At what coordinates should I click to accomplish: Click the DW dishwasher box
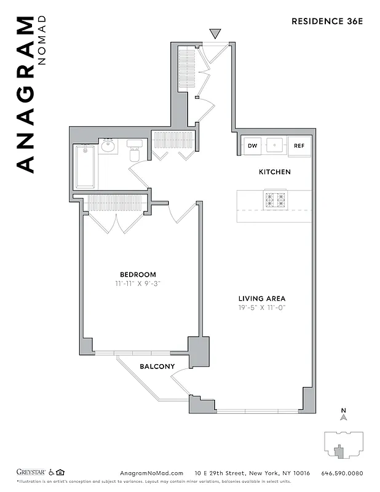[252, 146]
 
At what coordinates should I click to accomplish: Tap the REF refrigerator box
[299, 146]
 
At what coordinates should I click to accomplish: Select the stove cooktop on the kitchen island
[275, 199]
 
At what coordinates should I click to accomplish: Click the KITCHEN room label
[274, 172]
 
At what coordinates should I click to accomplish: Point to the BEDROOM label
[138, 274]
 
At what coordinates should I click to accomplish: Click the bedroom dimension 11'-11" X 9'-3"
[138, 284]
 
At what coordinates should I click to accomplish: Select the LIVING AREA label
[263, 298]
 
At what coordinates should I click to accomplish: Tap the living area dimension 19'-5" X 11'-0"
[263, 307]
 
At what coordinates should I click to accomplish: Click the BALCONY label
[157, 367]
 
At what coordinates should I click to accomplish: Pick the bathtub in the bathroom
[85, 167]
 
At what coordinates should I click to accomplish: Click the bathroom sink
[108, 146]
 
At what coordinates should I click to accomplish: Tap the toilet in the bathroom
[135, 151]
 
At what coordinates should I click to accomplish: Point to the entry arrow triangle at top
[215, 33]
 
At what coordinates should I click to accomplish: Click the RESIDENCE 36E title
[327, 22]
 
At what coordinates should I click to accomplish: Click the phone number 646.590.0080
[342, 473]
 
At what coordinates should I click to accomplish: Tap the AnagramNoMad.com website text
[149, 473]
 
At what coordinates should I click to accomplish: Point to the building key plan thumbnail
[342, 444]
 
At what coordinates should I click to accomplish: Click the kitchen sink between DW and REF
[275, 146]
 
